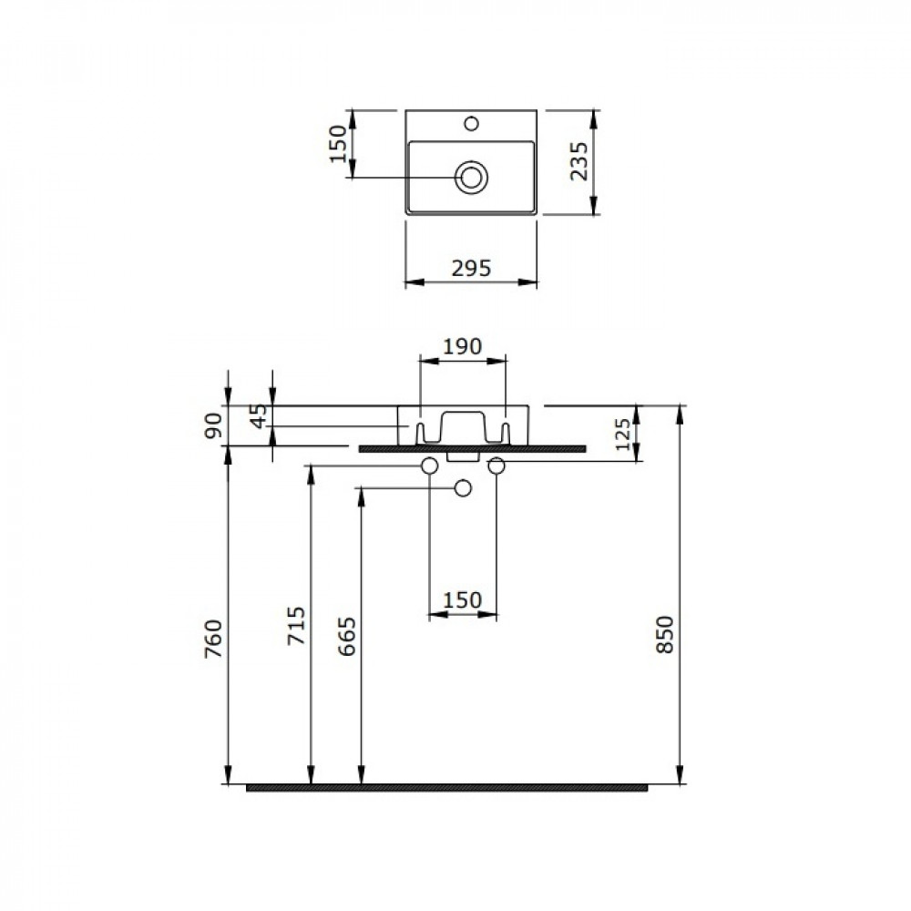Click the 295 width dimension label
click(471, 268)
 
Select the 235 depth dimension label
click(578, 161)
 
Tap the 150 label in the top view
click(338, 144)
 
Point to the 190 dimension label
click(463, 346)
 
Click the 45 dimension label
click(259, 415)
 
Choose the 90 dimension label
click(213, 425)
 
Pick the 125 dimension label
click(622, 434)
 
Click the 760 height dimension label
click(213, 639)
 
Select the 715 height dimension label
click(296, 625)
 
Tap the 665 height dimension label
click(347, 637)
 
